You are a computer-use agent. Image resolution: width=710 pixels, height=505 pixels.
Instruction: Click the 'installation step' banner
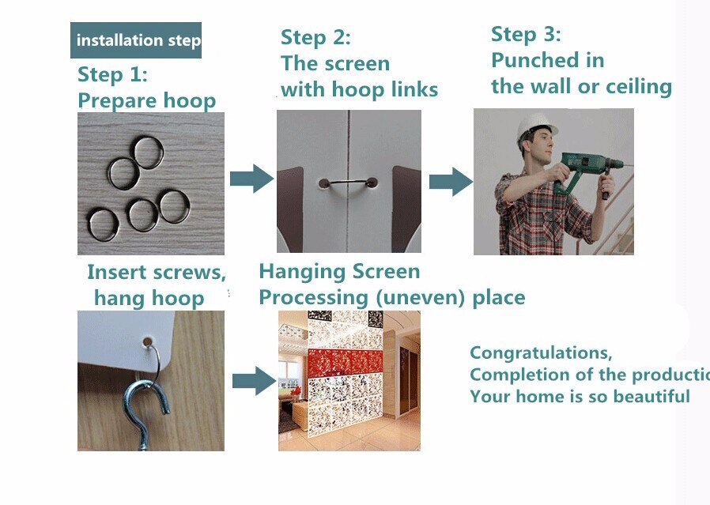[136, 40]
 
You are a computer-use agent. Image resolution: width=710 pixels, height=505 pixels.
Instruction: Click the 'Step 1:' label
[112, 74]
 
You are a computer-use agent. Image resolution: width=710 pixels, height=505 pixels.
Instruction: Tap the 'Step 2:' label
[315, 37]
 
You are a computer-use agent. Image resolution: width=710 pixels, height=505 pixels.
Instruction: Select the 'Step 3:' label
[526, 34]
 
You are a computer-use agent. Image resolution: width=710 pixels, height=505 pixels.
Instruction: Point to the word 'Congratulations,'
[541, 352]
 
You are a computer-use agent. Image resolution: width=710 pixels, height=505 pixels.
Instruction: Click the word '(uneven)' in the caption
[421, 297]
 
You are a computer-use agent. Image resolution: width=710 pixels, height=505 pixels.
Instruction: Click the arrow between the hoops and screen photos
[251, 179]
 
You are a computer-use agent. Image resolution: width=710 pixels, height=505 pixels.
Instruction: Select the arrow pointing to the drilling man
[451, 182]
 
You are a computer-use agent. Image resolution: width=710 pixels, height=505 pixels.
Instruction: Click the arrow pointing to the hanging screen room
[255, 381]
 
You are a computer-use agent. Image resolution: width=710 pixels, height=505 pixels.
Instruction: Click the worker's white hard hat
[536, 124]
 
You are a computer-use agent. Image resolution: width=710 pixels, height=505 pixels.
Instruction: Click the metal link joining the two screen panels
[348, 182]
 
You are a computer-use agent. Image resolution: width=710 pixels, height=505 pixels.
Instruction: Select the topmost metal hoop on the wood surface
[148, 153]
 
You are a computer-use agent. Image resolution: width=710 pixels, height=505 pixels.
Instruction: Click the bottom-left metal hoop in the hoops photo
[104, 224]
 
